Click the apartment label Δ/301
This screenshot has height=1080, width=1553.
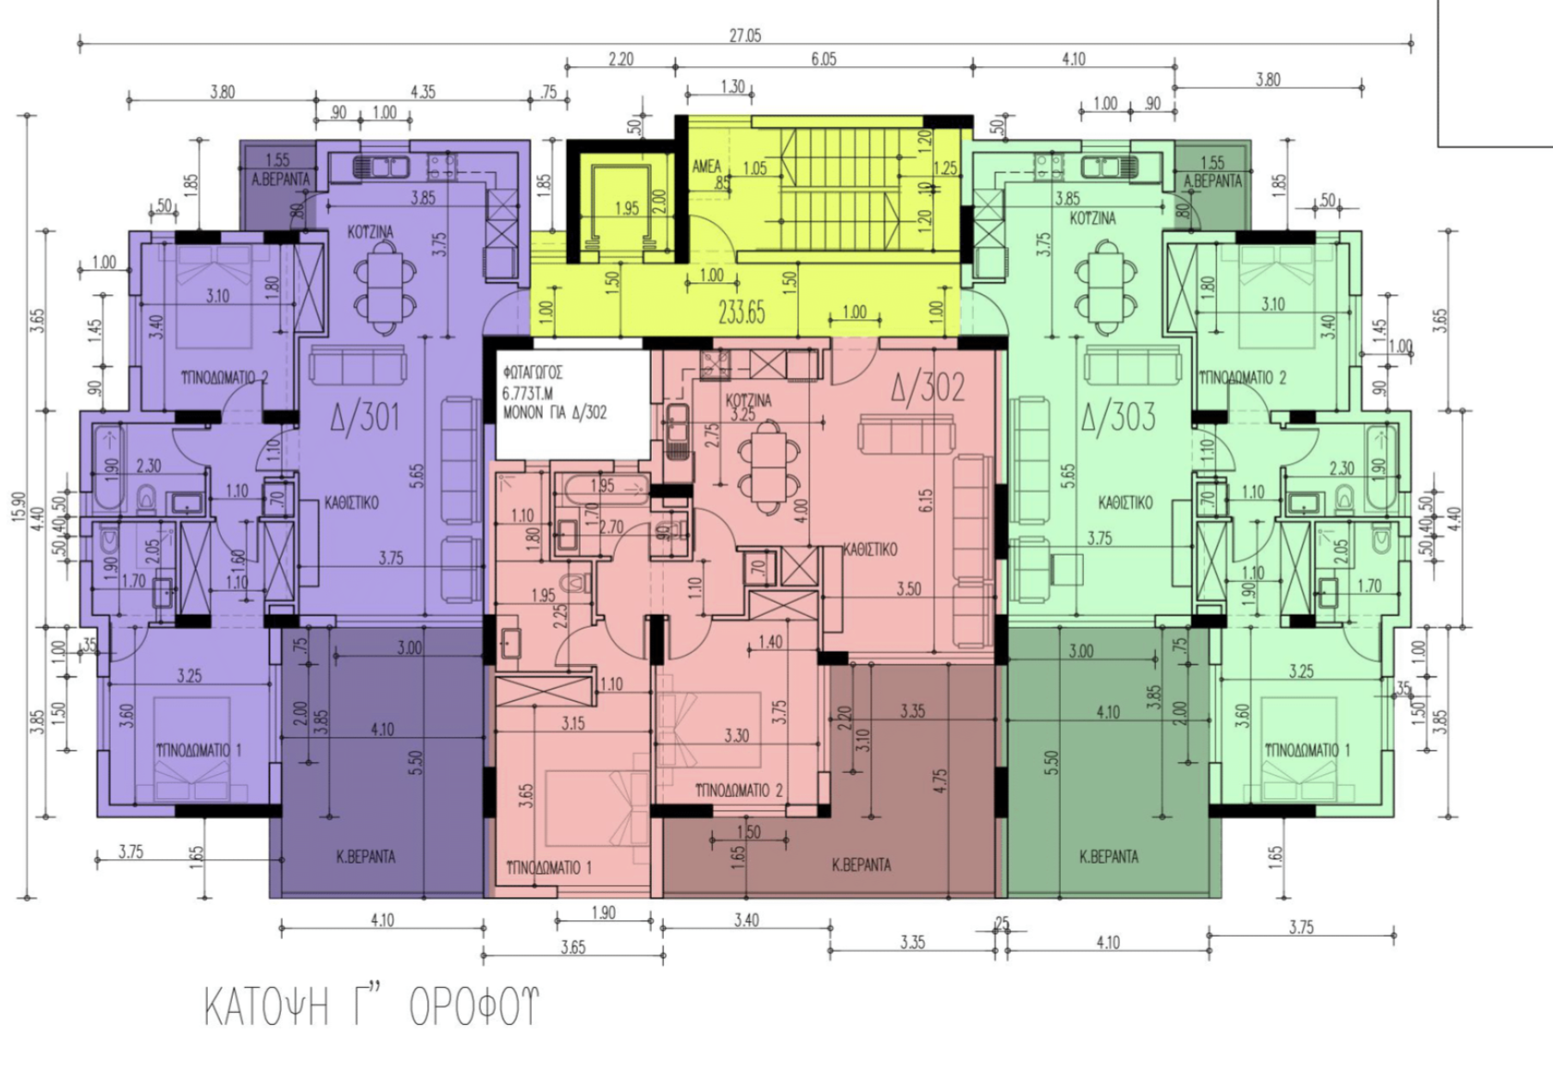click(x=365, y=418)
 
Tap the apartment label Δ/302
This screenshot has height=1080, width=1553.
click(x=928, y=388)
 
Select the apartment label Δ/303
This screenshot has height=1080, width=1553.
click(x=1118, y=418)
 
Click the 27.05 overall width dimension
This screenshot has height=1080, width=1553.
click(x=745, y=35)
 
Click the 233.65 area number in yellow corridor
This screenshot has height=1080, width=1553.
click(x=741, y=312)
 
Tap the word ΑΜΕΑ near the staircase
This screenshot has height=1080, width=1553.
click(x=707, y=167)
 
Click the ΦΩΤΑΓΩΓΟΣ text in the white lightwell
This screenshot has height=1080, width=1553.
click(x=533, y=373)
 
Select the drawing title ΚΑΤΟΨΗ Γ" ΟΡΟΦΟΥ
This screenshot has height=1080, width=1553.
click(x=371, y=1006)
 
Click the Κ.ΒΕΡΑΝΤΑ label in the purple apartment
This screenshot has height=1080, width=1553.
click(x=365, y=856)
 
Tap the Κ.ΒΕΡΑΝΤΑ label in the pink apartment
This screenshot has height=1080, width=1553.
click(x=862, y=865)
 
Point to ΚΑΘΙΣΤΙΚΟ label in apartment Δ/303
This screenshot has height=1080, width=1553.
click(x=1125, y=502)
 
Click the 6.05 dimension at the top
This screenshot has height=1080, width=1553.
click(x=823, y=58)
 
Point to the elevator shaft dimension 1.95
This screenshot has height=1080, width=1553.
click(x=626, y=208)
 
